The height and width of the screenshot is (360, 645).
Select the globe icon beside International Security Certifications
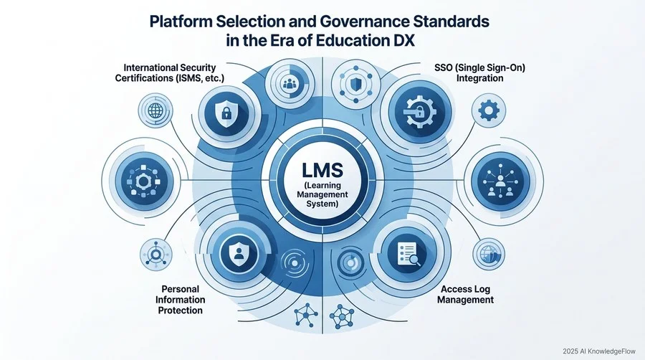155,110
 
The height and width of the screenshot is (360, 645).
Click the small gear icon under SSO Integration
489,110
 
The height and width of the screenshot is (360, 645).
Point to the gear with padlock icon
419,112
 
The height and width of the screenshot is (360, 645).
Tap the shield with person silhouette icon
239,252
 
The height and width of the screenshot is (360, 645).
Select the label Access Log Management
465,294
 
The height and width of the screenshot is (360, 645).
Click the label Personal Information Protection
180,300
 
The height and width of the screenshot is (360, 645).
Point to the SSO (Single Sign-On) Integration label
479,72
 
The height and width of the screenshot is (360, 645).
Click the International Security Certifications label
169,72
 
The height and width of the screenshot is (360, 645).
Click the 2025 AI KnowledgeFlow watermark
599,351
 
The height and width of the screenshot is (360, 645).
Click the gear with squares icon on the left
143,181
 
